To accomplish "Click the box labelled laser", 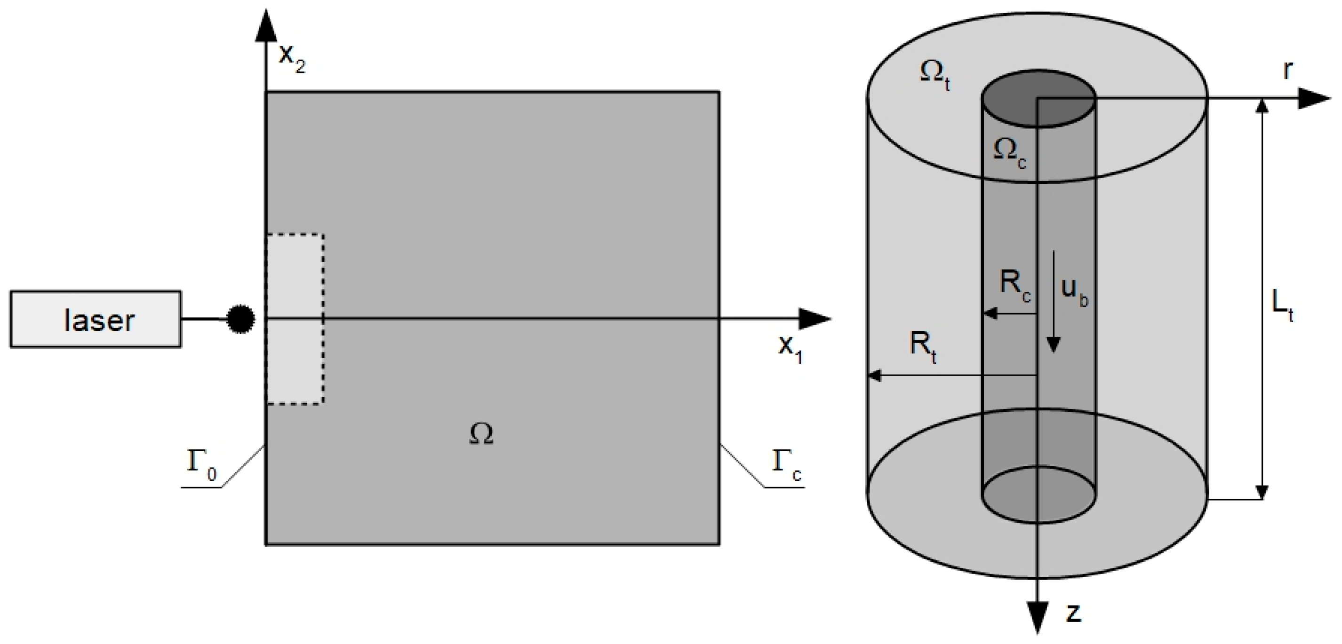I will click(x=96, y=319).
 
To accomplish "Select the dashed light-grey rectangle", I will click(x=296, y=319).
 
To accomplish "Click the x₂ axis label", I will click(x=292, y=57).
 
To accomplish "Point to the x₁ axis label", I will click(x=790, y=348).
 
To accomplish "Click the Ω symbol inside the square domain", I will click(x=481, y=434).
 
